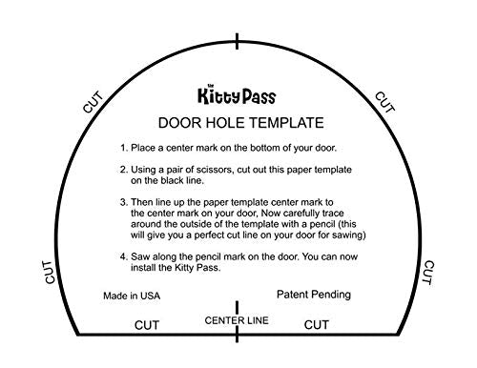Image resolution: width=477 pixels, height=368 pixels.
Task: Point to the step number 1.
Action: click(123, 150)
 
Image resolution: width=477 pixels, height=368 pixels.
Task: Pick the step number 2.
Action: click(123, 170)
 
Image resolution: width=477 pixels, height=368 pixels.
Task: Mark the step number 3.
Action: click(123, 204)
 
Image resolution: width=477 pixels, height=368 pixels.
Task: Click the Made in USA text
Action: click(132, 296)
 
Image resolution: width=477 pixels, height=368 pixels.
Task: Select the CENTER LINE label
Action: click(238, 320)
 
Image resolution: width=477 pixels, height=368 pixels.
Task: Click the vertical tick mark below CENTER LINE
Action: click(238, 334)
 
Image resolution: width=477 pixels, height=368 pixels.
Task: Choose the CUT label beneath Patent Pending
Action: click(317, 325)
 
